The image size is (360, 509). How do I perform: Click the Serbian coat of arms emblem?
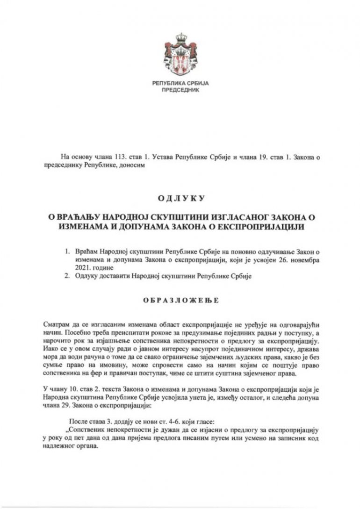(x=180, y=56)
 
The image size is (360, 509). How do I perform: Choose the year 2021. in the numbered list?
(x=83, y=268)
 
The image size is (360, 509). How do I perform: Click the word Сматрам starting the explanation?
(x=56, y=324)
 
